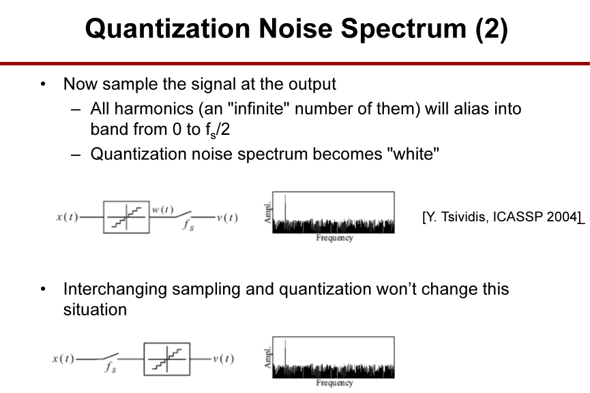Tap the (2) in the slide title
(x=492, y=29)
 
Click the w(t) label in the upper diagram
(x=162, y=210)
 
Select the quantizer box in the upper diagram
(x=126, y=217)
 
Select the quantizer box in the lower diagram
(x=167, y=359)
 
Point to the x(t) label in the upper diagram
(x=67, y=217)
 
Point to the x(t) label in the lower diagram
(x=63, y=359)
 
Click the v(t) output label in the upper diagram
(x=227, y=217)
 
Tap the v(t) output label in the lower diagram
(x=224, y=359)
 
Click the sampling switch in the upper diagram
(x=182, y=215)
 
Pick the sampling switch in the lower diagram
(x=109, y=356)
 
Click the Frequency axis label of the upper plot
(x=334, y=238)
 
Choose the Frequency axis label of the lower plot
(x=334, y=383)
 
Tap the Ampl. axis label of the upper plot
(x=267, y=213)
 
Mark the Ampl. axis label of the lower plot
(x=267, y=358)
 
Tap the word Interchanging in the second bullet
(x=115, y=289)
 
